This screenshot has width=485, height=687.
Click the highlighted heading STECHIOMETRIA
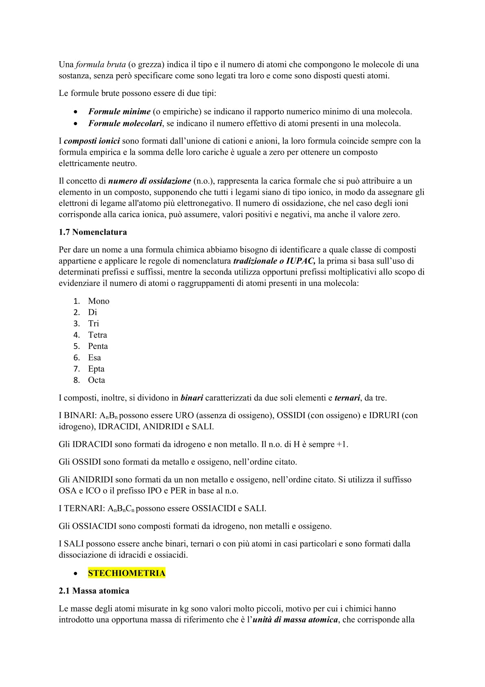click(x=126, y=573)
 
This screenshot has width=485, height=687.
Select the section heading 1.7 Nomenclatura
click(x=93, y=232)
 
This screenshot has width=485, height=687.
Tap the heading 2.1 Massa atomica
click(x=94, y=591)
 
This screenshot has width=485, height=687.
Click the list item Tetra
click(x=97, y=335)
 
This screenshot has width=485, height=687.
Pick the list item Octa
click(x=97, y=380)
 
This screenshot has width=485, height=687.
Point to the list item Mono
click(x=99, y=301)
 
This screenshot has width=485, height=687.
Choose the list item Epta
click(x=96, y=369)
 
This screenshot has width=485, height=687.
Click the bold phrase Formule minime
click(x=119, y=111)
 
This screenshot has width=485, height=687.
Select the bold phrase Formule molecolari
click(x=125, y=123)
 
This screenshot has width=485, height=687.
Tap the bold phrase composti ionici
click(x=92, y=141)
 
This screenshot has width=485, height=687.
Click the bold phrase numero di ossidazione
click(x=150, y=181)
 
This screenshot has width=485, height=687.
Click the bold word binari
click(x=192, y=398)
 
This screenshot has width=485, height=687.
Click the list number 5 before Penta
click(x=77, y=346)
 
